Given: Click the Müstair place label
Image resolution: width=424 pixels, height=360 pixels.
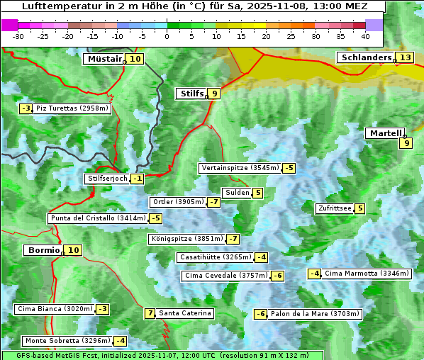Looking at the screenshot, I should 104,59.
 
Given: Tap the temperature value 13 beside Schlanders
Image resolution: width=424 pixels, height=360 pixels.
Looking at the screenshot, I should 405,57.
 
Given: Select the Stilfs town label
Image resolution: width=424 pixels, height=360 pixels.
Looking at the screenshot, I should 191,93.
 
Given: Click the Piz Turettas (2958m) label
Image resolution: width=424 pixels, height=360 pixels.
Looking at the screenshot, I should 72,108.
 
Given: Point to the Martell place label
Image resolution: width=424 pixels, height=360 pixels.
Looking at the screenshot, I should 385,133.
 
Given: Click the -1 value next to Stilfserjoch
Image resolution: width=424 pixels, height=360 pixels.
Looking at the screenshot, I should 138,179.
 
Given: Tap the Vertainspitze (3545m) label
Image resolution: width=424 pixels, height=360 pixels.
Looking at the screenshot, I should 240,168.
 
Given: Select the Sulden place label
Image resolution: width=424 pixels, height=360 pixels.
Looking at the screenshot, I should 236,193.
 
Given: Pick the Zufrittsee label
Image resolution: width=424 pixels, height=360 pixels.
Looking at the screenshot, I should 334,208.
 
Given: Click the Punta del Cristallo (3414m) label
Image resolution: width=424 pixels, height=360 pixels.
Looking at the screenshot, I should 97,218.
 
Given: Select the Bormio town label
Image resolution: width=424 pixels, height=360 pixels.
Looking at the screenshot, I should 42,250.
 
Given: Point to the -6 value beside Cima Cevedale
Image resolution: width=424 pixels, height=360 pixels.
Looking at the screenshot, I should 277,276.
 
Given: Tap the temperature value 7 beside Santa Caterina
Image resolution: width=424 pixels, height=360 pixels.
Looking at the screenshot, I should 150,313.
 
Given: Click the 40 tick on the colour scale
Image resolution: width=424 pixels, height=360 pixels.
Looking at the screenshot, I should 365,35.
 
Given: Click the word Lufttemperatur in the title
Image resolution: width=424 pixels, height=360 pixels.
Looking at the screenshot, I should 57,6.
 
